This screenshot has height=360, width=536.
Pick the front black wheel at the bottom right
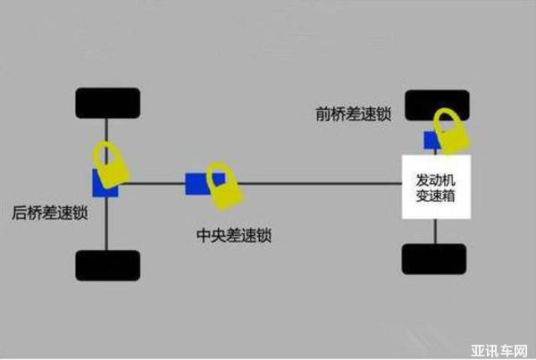pyautogui.click(x=434, y=258)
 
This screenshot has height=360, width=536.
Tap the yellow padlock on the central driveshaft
pyautogui.click(x=224, y=186)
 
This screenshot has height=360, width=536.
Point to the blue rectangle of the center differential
pyautogui.click(x=196, y=183)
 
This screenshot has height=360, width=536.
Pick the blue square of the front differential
pyautogui.click(x=431, y=140)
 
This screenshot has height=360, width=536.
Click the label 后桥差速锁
pyautogui.click(x=49, y=213)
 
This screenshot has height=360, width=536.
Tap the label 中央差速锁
pyautogui.click(x=233, y=237)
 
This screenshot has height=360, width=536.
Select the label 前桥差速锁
pyautogui.click(x=353, y=114)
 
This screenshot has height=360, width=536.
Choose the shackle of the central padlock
pyautogui.click(x=219, y=171)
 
